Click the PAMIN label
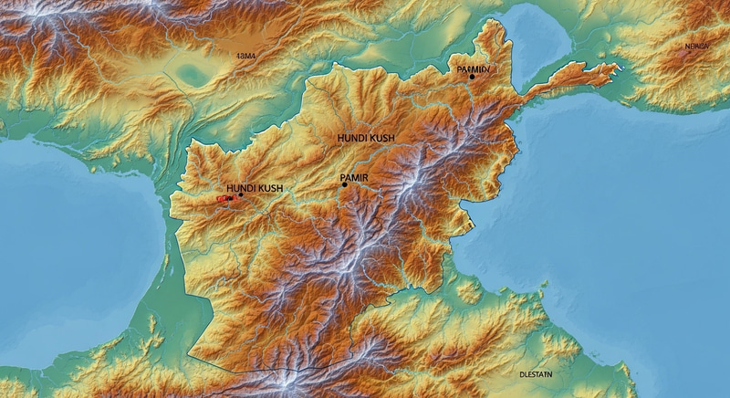tap(474, 68)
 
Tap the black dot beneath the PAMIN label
tap(472, 77)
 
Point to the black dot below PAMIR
tap(344, 184)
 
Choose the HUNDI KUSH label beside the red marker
tap(255, 188)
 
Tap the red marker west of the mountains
tap(222, 197)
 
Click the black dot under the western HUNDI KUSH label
tap(241, 194)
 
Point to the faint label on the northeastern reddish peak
tap(696, 46)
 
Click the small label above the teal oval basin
tap(246, 56)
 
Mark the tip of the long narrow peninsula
tap(618, 66)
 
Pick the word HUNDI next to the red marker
tap(241, 188)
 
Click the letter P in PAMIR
tap(340, 176)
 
